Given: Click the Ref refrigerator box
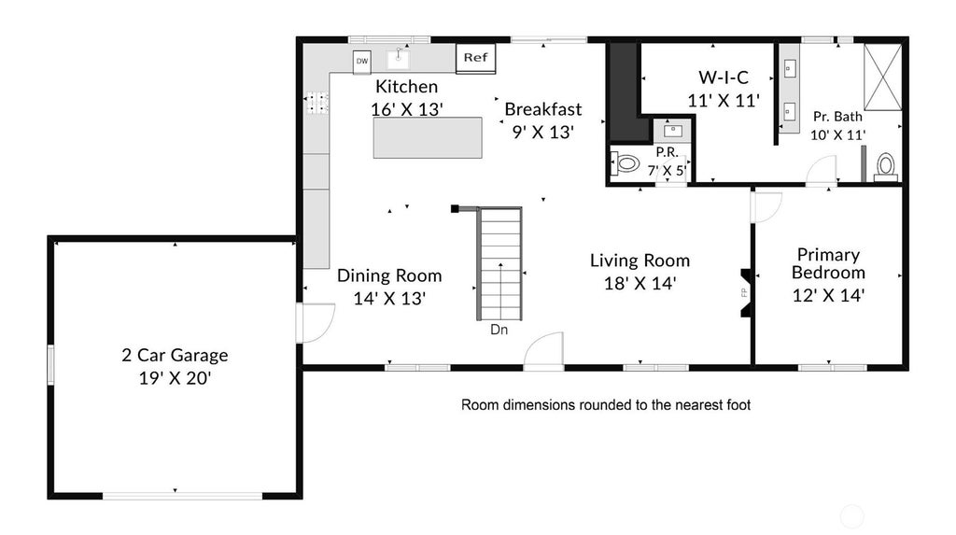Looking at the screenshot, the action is [475, 59].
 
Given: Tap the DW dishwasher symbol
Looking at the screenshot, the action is [362, 61].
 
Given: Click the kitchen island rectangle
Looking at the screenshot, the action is [428, 138].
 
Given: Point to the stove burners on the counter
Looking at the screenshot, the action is [316, 103].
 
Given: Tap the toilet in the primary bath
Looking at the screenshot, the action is [885, 168].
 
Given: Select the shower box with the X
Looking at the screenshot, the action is [882, 77].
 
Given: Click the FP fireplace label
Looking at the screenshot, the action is [744, 292].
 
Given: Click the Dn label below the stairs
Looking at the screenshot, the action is [499, 330].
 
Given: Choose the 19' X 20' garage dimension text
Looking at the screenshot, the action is [175, 378].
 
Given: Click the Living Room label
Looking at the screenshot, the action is [640, 260].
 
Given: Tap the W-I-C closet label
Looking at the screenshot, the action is [724, 77].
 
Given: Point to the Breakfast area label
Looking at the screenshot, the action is [543, 109].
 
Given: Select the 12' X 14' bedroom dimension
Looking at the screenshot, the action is [828, 295].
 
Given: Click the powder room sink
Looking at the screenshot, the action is [672, 130].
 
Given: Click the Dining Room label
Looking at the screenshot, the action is [389, 275].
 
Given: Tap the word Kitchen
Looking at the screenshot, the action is [407, 87].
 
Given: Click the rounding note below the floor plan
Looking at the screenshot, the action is [605, 405].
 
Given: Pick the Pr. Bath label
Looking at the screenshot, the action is [837, 117].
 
